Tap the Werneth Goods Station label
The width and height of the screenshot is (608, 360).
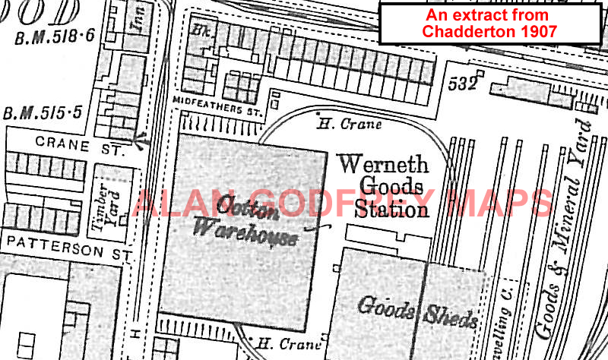pyautogui.click(x=383, y=186)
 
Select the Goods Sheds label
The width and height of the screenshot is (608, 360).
pyautogui.click(x=417, y=312)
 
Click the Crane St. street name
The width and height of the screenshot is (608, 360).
pyautogui.click(x=80, y=147)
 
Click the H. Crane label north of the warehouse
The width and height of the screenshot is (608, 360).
pyautogui.click(x=349, y=122)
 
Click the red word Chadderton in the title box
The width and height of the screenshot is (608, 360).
pyautogui.click(x=462, y=31)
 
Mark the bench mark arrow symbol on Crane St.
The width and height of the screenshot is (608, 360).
pyautogui.click(x=140, y=139)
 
